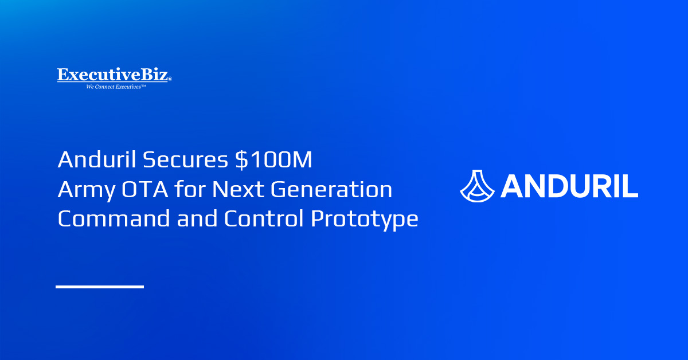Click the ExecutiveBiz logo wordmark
click(x=113, y=75)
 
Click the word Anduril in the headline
click(x=97, y=159)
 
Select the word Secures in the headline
click(x=186, y=159)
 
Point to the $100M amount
click(x=273, y=159)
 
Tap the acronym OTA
click(x=145, y=189)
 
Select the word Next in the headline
click(x=239, y=189)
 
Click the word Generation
click(x=331, y=189)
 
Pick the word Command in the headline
click(x=114, y=218)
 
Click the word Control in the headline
click(x=264, y=218)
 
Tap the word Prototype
click(x=365, y=220)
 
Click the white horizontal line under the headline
click(x=100, y=287)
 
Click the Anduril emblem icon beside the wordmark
click(x=477, y=186)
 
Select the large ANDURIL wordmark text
click(x=569, y=186)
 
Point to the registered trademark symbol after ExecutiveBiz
click(x=170, y=79)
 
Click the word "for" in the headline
click(x=190, y=189)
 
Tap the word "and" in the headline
click(x=197, y=218)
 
